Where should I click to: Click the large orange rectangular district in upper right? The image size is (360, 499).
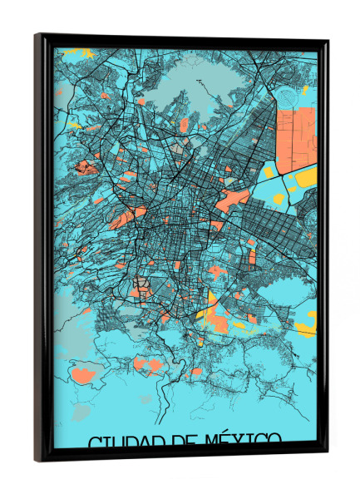pyautogui.click(x=297, y=133)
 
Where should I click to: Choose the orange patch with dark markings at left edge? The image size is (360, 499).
pyautogui.click(x=85, y=168)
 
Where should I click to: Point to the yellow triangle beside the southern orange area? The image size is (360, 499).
pyautogui.click(x=208, y=304)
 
